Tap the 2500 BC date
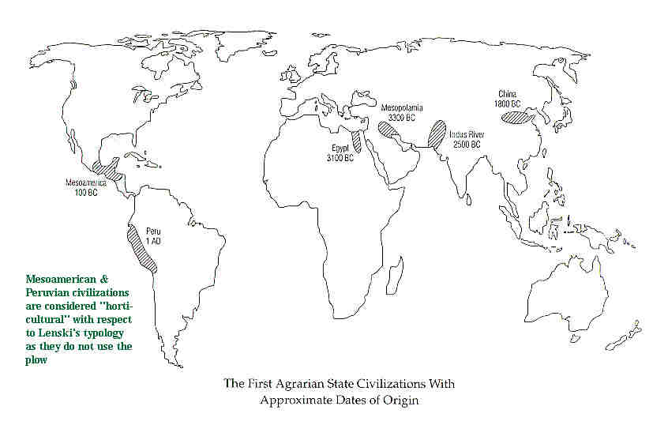(x=467, y=145)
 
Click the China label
(x=509, y=93)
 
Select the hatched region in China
(x=518, y=117)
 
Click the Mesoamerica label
(x=85, y=183)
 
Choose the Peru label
(x=152, y=231)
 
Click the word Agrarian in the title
(x=297, y=385)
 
